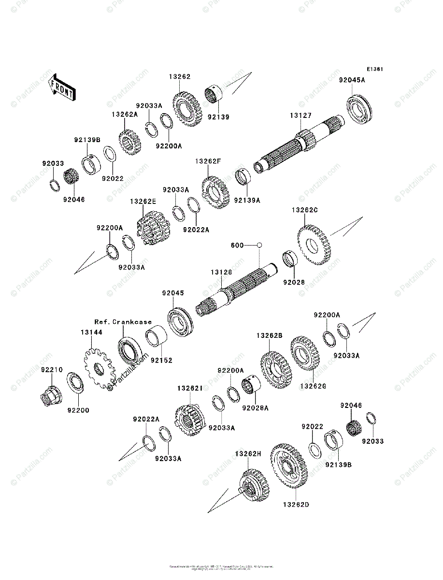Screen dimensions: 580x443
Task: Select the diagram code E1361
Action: pos(374,69)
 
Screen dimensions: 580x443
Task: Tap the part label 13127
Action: pos(300,116)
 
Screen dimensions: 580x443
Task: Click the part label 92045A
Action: pos(352,80)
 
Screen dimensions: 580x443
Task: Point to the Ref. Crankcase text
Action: pos(123,321)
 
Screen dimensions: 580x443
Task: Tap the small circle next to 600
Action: pos(259,245)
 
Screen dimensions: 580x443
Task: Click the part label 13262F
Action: pos(208,161)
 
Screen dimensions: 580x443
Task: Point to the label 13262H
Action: pos(247,454)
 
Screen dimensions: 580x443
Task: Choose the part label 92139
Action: pos(218,116)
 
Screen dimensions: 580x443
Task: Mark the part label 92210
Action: pos(52,370)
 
